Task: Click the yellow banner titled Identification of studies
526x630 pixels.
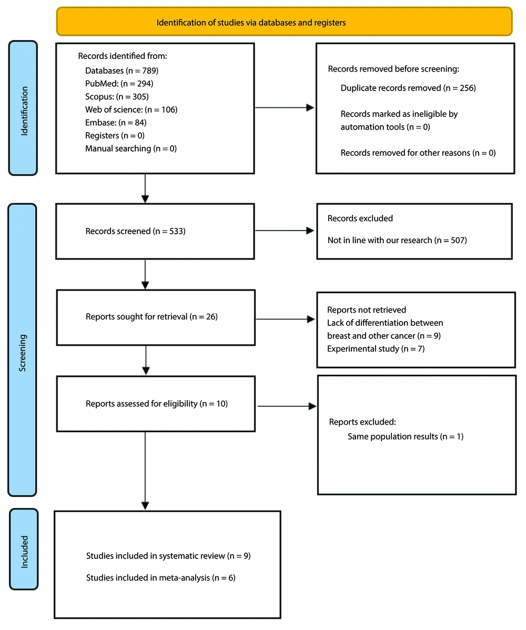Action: [284, 22]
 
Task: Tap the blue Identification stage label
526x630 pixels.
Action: [23, 108]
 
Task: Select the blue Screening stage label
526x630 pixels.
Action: [23, 350]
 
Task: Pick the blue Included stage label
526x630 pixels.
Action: [24, 549]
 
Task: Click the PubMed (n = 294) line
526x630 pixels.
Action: [119, 84]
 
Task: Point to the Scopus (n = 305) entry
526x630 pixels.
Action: [117, 96]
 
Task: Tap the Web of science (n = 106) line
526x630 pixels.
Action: [131, 109]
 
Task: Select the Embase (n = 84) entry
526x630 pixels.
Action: [116, 123]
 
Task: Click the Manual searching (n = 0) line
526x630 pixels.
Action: [131, 148]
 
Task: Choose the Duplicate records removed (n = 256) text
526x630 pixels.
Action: [408, 88]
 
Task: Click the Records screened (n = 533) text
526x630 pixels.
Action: [135, 232]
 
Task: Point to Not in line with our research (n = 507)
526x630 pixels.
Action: [397, 241]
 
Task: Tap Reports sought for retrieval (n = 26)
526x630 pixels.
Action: [152, 317]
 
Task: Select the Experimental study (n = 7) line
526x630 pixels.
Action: [376, 349]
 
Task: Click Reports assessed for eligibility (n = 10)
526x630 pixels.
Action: [157, 404]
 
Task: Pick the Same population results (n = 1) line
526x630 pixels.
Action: [406, 436]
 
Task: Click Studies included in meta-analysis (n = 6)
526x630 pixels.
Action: [160, 578]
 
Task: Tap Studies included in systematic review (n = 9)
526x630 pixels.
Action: [168, 556]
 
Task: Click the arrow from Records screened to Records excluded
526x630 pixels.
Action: [285, 231]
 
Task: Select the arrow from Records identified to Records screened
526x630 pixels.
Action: [145, 188]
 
